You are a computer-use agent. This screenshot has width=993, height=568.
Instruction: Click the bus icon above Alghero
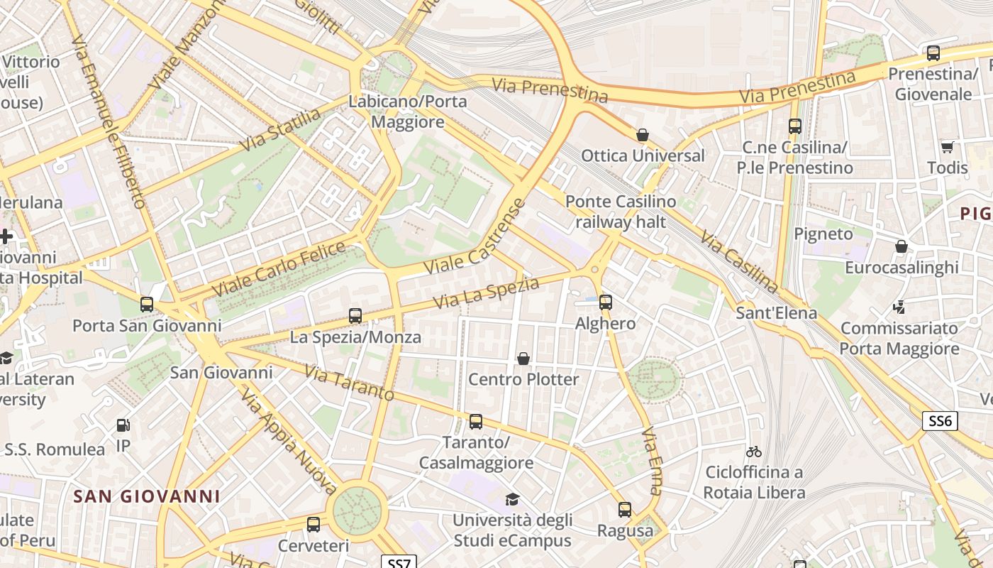pyautogui.click(x=605, y=302)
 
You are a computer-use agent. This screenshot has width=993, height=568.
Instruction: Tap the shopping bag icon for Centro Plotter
pyautogui.click(x=523, y=359)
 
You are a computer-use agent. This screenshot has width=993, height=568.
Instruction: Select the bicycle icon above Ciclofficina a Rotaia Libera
pyautogui.click(x=754, y=452)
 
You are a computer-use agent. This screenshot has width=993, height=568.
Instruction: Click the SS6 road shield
pyautogui.click(x=940, y=421)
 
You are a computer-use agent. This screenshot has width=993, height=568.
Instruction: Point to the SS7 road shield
pyautogui.click(x=399, y=563)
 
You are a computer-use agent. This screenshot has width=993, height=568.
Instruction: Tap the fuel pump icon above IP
pyautogui.click(x=123, y=425)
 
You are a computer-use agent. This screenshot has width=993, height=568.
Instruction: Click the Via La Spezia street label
pyautogui.click(x=486, y=293)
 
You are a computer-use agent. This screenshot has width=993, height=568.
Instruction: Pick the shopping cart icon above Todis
pyautogui.click(x=947, y=147)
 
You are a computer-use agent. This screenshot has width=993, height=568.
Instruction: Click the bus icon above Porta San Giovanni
pyautogui.click(x=147, y=305)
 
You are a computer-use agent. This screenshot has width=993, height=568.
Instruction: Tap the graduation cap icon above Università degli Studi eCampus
pyautogui.click(x=512, y=499)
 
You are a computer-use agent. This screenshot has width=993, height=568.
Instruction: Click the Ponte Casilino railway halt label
pyautogui.click(x=621, y=212)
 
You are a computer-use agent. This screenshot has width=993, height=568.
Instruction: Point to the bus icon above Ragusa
pyautogui.click(x=624, y=510)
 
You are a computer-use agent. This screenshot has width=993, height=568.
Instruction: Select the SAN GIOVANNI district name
pyautogui.click(x=147, y=496)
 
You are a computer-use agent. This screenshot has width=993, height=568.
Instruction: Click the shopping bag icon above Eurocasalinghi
pyautogui.click(x=901, y=246)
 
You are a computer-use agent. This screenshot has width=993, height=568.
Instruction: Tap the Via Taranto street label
pyautogui.click(x=349, y=383)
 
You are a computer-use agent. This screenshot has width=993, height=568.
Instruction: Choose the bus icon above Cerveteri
pyautogui.click(x=314, y=525)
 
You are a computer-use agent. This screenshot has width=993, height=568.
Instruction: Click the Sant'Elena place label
pyautogui.click(x=777, y=313)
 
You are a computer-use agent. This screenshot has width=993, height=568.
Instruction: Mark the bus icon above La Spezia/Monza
pyautogui.click(x=355, y=316)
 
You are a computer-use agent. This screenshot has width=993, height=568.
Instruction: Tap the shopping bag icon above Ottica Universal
pyautogui.click(x=643, y=135)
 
